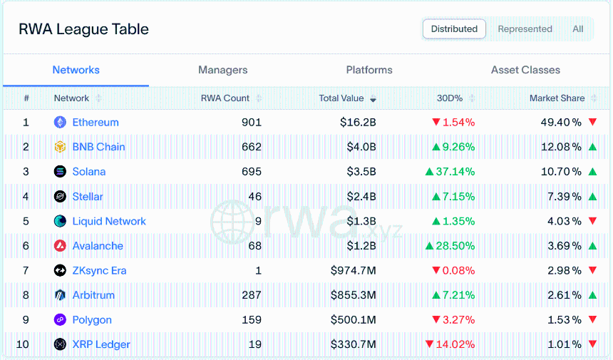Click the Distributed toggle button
[454, 29]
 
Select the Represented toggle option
[525, 29]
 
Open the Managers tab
[223, 70]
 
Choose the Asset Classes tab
[525, 70]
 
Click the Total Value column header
[341, 98]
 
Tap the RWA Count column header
[225, 98]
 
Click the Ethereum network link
[96, 123]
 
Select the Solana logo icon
[60, 172]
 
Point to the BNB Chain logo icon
[60, 147]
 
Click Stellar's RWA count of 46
[255, 197]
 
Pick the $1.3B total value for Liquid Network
[361, 221]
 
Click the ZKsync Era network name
[99, 270]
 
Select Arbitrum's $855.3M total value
[354, 295]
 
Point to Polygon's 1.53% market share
[565, 320]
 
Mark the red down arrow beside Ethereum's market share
[592, 122]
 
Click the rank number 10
[23, 344]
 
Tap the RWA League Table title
[83, 29]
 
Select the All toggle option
[578, 29]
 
